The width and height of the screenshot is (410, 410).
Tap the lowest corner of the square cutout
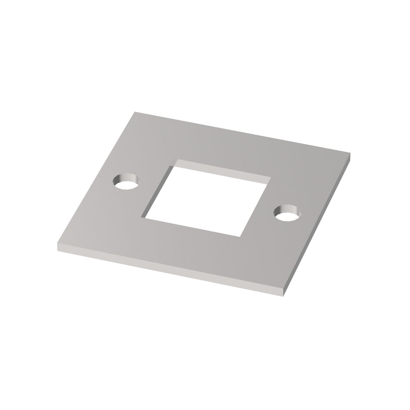pos(240,236)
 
